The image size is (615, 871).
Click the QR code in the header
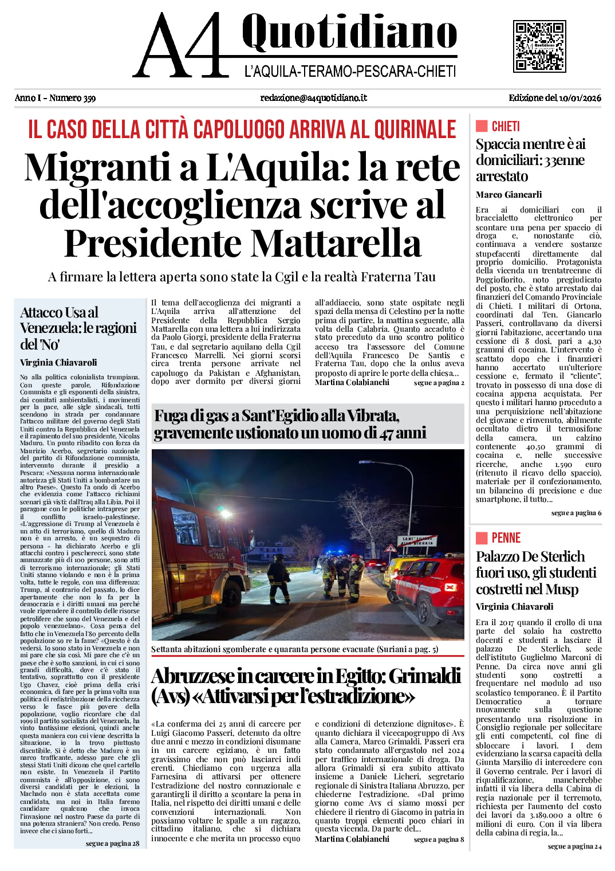(x=539, y=46)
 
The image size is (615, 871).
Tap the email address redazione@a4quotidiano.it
(x=313, y=98)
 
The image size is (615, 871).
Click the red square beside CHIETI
(x=482, y=126)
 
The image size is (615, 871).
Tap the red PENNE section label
(x=506, y=538)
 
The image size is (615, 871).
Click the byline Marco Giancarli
(x=508, y=195)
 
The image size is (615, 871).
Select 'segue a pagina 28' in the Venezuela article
(x=112, y=843)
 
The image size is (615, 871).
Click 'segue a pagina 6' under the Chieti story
(x=576, y=513)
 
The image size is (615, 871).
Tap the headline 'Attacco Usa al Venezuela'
(x=78, y=328)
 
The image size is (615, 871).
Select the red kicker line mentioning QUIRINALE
(x=242, y=130)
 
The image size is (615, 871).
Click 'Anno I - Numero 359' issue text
(x=55, y=98)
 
